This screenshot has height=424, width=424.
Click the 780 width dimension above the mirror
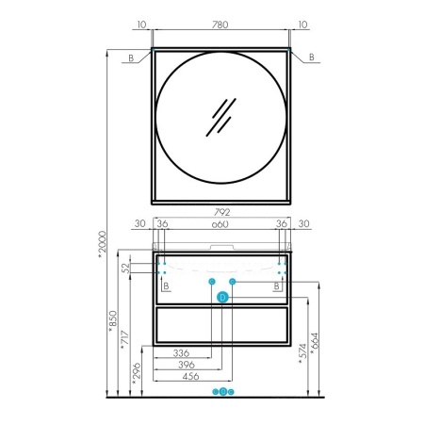(220, 24)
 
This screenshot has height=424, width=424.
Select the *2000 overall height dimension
(103, 245)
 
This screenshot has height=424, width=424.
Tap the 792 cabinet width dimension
(222, 212)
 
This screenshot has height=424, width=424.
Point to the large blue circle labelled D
(222, 297)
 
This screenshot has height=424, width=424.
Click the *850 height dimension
(112, 321)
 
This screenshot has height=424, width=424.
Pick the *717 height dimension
(125, 341)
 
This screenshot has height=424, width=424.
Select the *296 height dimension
(137, 374)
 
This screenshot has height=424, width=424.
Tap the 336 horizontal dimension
(181, 353)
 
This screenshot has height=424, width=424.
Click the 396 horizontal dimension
(187, 365)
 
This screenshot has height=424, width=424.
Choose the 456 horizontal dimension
(190, 376)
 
